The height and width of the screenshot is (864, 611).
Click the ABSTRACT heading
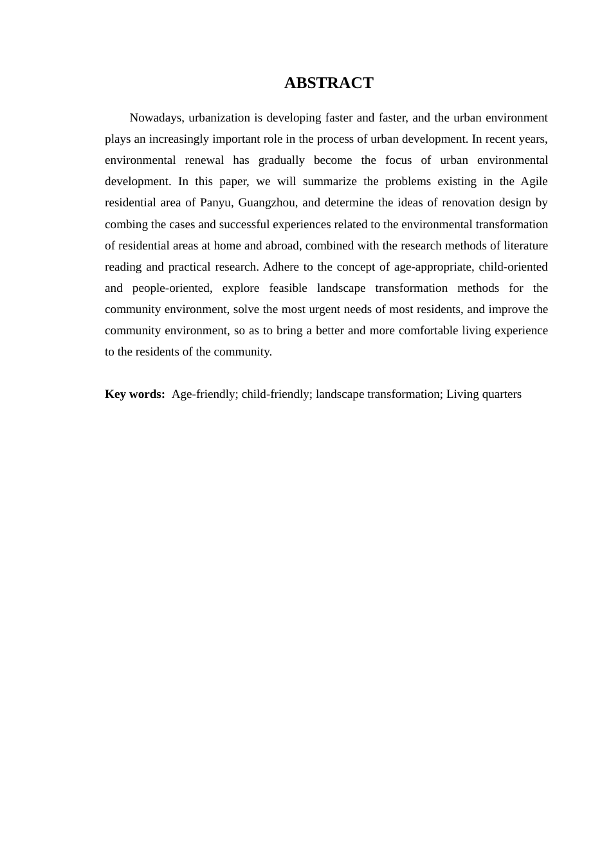tap(329, 83)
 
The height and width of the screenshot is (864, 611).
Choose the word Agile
tap(534, 181)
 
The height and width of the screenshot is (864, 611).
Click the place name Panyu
tap(215, 203)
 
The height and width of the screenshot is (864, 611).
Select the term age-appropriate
tap(433, 267)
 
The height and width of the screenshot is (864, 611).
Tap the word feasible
tap(289, 288)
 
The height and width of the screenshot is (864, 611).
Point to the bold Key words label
tap(135, 394)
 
